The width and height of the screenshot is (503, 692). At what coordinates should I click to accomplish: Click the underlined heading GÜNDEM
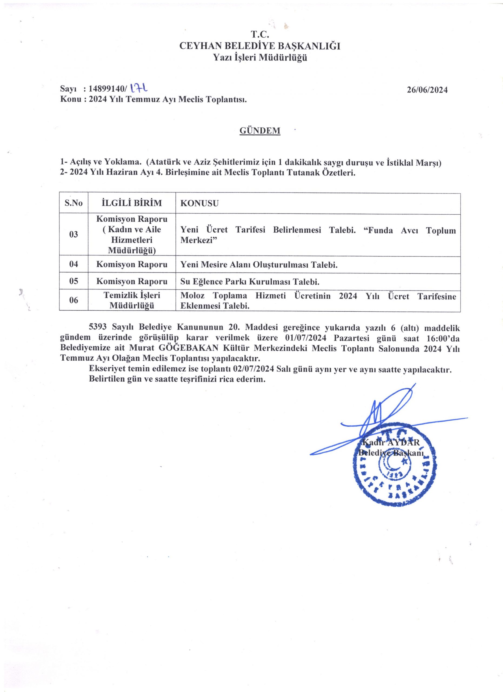(260, 131)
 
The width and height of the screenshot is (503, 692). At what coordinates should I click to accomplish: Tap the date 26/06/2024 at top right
(427, 90)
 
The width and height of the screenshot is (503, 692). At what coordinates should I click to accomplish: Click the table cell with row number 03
(74, 235)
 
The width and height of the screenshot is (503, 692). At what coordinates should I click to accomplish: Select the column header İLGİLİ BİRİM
(132, 203)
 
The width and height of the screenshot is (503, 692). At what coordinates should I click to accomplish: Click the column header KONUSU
(199, 204)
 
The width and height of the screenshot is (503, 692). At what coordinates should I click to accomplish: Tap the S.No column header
(74, 203)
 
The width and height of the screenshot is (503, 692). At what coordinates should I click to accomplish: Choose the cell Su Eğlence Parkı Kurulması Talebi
(250, 282)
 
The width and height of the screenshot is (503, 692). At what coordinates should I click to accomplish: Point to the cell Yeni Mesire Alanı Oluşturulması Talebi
(259, 265)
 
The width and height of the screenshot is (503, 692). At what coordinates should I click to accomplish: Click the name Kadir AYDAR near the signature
(391, 443)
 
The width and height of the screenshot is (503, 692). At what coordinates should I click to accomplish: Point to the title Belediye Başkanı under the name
(391, 453)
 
